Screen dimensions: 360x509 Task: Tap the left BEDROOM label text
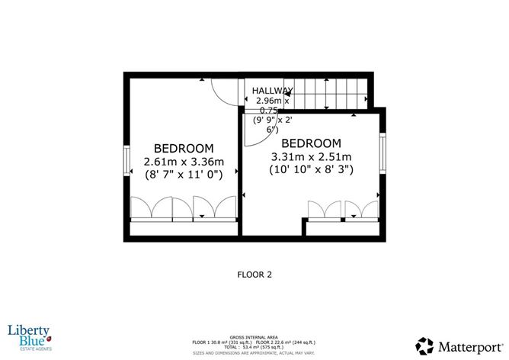tap(184, 148)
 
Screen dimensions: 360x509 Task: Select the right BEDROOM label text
tap(311, 143)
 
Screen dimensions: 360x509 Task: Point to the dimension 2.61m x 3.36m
tap(184, 161)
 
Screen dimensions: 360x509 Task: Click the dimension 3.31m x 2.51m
tap(311, 156)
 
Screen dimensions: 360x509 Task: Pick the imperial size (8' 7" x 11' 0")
tap(184, 175)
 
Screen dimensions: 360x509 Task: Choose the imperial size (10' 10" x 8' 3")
tap(311, 170)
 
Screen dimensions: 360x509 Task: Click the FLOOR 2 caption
tap(254, 273)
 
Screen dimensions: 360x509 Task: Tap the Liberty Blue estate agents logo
tap(29, 336)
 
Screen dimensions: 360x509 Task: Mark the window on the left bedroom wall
tap(127, 160)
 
